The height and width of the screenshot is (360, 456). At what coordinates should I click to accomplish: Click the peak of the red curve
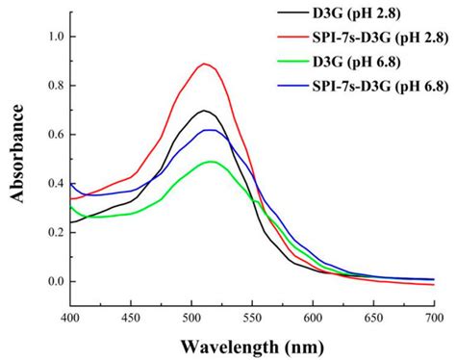203,64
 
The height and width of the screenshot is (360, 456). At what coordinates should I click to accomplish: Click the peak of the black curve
203,111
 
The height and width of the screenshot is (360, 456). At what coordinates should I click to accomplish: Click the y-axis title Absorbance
16,154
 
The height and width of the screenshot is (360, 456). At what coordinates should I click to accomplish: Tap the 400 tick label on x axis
70,316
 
